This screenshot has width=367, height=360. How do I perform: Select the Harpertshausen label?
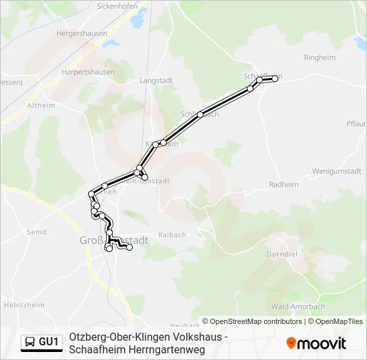88,71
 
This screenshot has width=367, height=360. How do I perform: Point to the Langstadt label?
156,80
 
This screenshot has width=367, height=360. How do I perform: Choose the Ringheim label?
320,58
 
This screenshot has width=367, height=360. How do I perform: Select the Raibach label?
173,235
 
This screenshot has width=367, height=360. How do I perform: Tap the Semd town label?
35,232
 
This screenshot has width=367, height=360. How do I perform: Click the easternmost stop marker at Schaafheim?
274,79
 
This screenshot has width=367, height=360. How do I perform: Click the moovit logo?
316,343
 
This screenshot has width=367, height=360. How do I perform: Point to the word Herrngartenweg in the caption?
171,349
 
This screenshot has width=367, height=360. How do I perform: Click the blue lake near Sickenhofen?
138,21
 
